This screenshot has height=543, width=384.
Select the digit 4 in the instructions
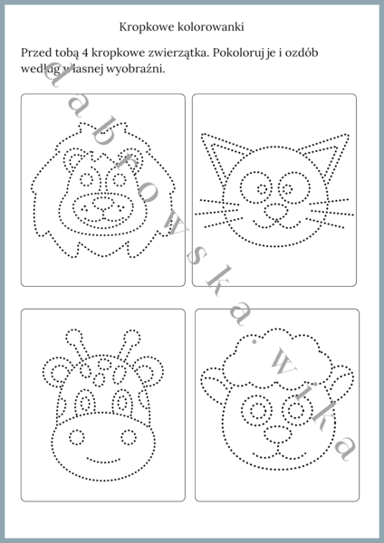click(86, 53)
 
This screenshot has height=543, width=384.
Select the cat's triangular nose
click(275, 211)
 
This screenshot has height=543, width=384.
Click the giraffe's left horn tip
click(74, 337)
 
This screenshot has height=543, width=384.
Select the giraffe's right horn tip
click(132, 338)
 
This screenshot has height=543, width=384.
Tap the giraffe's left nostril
click(77, 437)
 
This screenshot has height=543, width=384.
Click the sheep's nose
click(278, 434)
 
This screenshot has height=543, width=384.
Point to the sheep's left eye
click(257, 411)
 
